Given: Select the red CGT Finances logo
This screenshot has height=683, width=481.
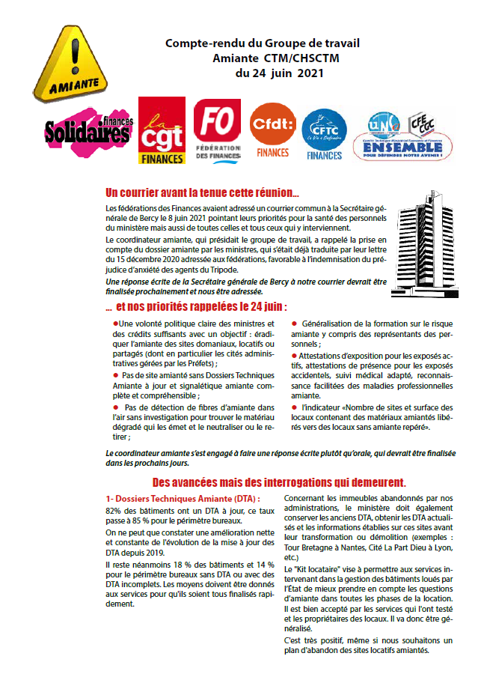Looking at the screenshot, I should (x=162, y=132).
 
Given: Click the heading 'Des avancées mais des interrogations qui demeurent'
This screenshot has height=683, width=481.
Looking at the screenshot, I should (x=279, y=482).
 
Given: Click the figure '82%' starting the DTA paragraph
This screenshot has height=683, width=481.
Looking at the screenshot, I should (x=115, y=510).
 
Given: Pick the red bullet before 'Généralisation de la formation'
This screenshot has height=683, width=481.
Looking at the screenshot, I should (x=295, y=323).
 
